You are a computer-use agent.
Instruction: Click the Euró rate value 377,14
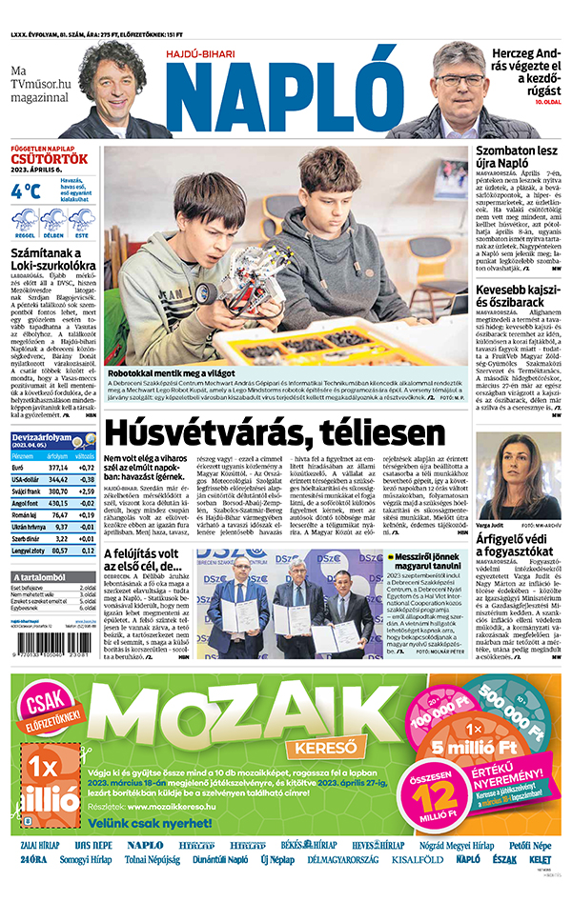(58, 468)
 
